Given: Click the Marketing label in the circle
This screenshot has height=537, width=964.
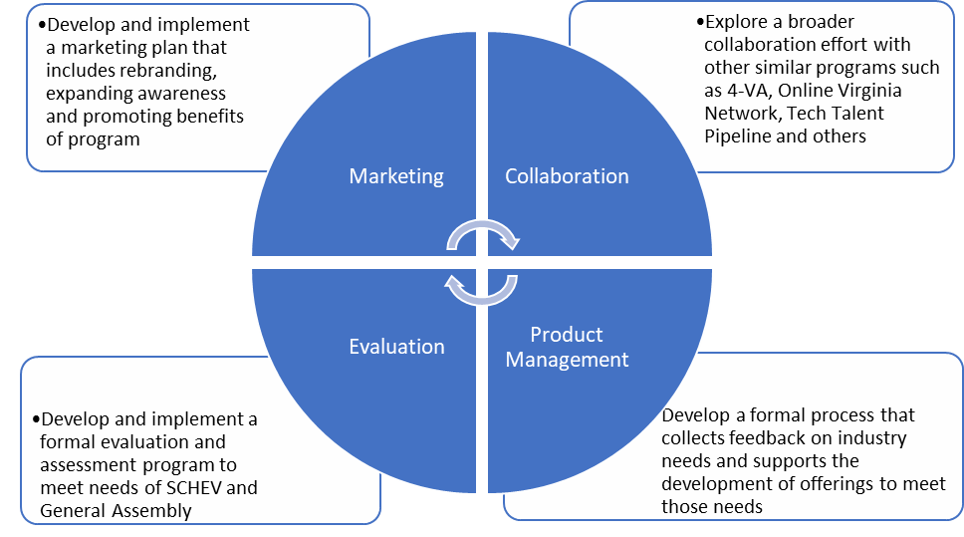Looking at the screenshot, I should pyautogui.click(x=396, y=176).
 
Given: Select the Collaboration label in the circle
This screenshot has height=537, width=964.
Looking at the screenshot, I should pyautogui.click(x=567, y=176).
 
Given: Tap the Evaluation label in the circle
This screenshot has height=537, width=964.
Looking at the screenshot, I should pyautogui.click(x=396, y=347).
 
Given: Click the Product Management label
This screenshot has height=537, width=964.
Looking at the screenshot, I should pyautogui.click(x=567, y=347).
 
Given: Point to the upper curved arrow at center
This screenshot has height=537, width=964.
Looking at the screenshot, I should pyautogui.click(x=482, y=233).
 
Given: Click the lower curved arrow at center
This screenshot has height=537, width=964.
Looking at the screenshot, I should pyautogui.click(x=482, y=289).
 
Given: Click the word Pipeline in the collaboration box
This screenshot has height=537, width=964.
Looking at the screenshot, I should pyautogui.click(x=739, y=135).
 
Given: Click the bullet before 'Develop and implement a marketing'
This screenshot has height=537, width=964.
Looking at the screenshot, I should pyautogui.click(x=43, y=25).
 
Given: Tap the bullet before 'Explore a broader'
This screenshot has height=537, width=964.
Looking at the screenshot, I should pyautogui.click(x=700, y=22).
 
